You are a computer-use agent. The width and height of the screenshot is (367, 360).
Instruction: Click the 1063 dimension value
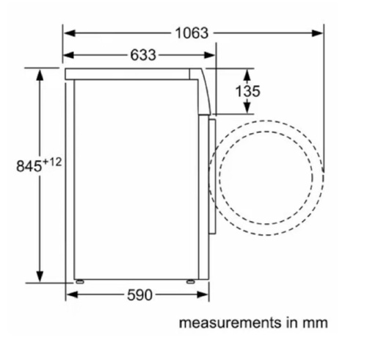tap(192, 33)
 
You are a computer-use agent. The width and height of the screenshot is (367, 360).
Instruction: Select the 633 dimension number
tap(143, 55)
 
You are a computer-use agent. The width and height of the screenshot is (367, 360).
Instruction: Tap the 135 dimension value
tap(247, 91)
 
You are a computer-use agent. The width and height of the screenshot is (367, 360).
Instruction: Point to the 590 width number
tap(139, 295)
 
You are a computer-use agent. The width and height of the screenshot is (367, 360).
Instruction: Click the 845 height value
tap(29, 166)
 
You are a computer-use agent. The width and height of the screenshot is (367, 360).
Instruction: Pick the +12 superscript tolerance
tap(52, 162)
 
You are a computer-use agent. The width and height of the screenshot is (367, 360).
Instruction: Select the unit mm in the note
tap(315, 323)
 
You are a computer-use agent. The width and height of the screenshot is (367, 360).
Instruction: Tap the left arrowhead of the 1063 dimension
tap(69, 33)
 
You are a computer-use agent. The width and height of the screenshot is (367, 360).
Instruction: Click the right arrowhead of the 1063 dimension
tap(317, 33)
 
